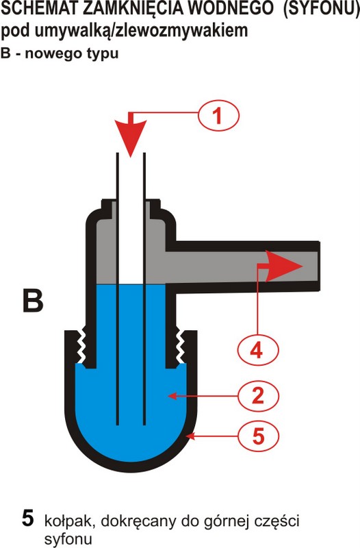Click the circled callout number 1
click(218, 115)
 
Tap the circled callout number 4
click(258, 350)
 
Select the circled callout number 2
click(258, 396)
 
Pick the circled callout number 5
click(258, 436)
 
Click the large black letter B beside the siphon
click(33, 300)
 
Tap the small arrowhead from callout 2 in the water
click(172, 396)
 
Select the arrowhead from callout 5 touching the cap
click(191, 436)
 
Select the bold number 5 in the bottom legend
click(28, 518)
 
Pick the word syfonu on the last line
click(68, 538)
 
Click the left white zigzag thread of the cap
click(81, 345)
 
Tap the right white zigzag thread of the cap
click(180, 345)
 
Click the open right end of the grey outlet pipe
click(318, 266)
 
